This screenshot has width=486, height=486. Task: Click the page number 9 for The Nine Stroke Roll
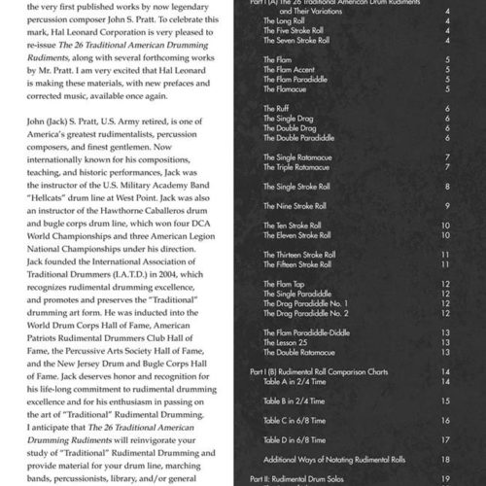(445, 206)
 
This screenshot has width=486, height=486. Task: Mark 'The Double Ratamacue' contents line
(297, 352)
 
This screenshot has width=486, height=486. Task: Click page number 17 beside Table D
(444, 439)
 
